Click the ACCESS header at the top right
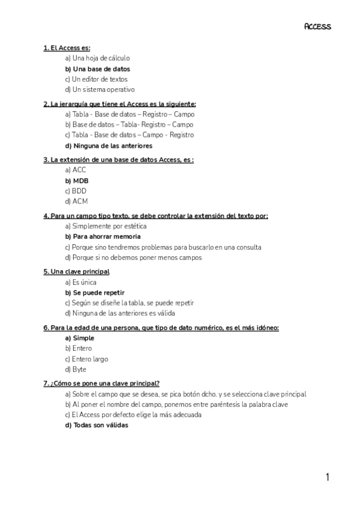pyautogui.click(x=317, y=26)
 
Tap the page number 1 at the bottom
pyautogui.click(x=328, y=477)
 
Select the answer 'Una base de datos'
pyautogui.click(x=97, y=69)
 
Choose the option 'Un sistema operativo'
pyautogui.click(x=99, y=89)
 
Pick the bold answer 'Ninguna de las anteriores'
pyautogui.click(x=108, y=145)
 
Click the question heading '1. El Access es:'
pyautogui.click(x=67, y=47)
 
